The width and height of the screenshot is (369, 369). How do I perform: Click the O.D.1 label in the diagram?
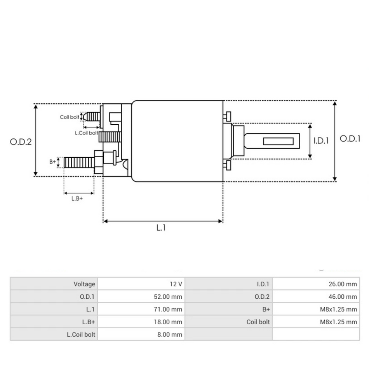click(350, 139)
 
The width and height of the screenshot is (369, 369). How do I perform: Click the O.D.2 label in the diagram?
click(21, 142)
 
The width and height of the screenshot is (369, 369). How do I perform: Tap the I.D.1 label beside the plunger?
click(321, 141)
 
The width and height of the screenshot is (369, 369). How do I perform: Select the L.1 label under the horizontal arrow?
click(161, 228)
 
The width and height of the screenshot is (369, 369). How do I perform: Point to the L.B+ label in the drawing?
click(77, 198)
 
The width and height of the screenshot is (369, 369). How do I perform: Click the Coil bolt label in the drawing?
click(70, 117)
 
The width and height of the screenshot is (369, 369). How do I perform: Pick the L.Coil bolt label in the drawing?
click(86, 133)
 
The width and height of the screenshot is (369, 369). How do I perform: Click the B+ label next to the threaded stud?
click(52, 162)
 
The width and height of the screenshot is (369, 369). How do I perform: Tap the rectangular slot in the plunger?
click(278, 141)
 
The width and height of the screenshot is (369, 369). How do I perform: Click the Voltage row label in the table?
click(84, 284)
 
